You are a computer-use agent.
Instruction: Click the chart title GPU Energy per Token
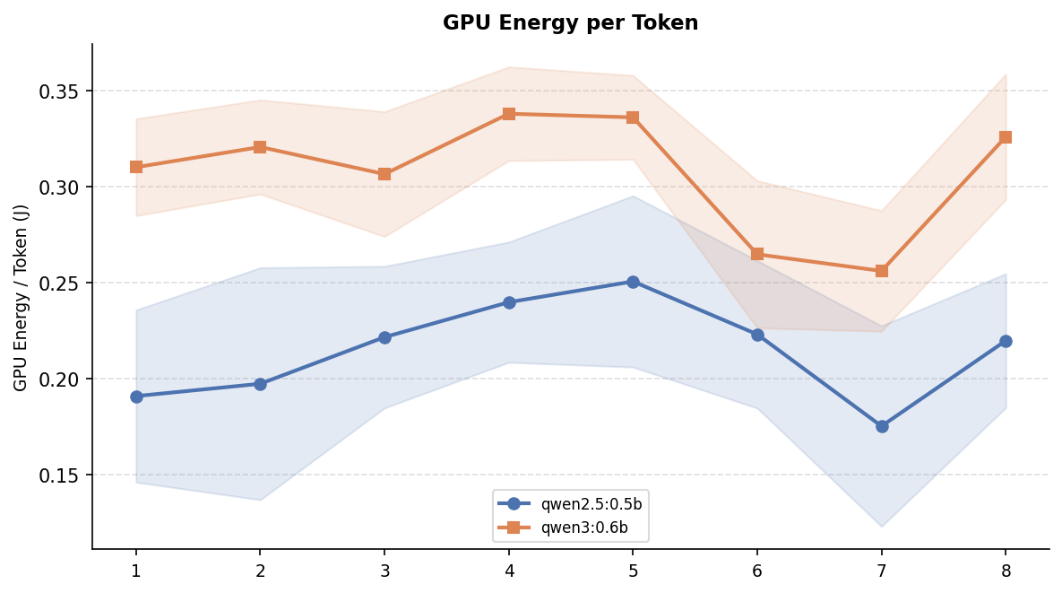pos(570,23)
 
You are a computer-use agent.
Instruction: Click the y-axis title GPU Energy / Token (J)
pos(21,297)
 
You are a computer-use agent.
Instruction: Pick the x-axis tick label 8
pos(1006,571)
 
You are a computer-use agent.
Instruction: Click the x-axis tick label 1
pos(136,571)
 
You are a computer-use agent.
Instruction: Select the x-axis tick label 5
pos(633,571)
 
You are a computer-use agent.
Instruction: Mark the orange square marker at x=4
pos(509,114)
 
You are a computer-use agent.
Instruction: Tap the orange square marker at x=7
pos(882,271)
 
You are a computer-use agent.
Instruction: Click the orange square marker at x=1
pos(136,167)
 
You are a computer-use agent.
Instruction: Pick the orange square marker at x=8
pos(1006,137)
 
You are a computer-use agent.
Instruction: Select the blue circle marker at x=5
pos(633,282)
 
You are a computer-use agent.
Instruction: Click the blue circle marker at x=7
pos(882,426)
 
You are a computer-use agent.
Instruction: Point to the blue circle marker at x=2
pos(260,384)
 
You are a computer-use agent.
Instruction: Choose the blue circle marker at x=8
pos(1006,341)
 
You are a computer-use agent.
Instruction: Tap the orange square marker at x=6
pos(757,254)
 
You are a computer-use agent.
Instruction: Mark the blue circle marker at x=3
pos(384,337)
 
